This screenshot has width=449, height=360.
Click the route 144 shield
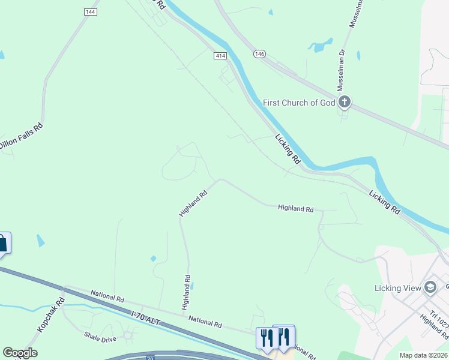[91, 12]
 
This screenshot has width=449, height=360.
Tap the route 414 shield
[220, 55]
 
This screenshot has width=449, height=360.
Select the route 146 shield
[259, 54]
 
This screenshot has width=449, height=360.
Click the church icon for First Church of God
[344, 102]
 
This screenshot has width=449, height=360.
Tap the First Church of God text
[298, 103]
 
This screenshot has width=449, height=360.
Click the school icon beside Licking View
[430, 287]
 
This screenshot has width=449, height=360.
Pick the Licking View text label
[397, 288]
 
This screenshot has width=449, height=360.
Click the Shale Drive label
[100, 339]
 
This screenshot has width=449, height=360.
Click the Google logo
[20, 353]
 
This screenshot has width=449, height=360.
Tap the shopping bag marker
[3, 243]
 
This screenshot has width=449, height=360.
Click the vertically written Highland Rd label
[187, 292]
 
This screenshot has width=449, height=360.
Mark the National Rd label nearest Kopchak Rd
[107, 296]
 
